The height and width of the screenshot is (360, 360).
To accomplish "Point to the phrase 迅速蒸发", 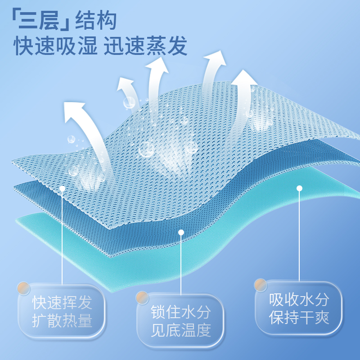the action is coord(145,46).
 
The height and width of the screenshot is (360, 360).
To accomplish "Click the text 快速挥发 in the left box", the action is coord(62,302).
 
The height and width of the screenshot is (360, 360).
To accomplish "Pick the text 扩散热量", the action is coord(62,321).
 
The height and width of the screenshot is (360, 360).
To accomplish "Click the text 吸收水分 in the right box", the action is coord(299,299).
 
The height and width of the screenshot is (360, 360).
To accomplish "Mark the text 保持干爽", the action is coord(299,318).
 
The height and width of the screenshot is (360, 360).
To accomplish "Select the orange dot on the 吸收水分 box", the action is coord(261,285).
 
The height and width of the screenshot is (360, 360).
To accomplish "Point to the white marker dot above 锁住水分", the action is coord(181,233).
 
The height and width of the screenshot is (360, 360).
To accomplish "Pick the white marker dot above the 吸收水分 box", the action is coord(299,188).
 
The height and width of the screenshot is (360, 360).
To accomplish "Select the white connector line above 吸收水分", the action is coord(299,234).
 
